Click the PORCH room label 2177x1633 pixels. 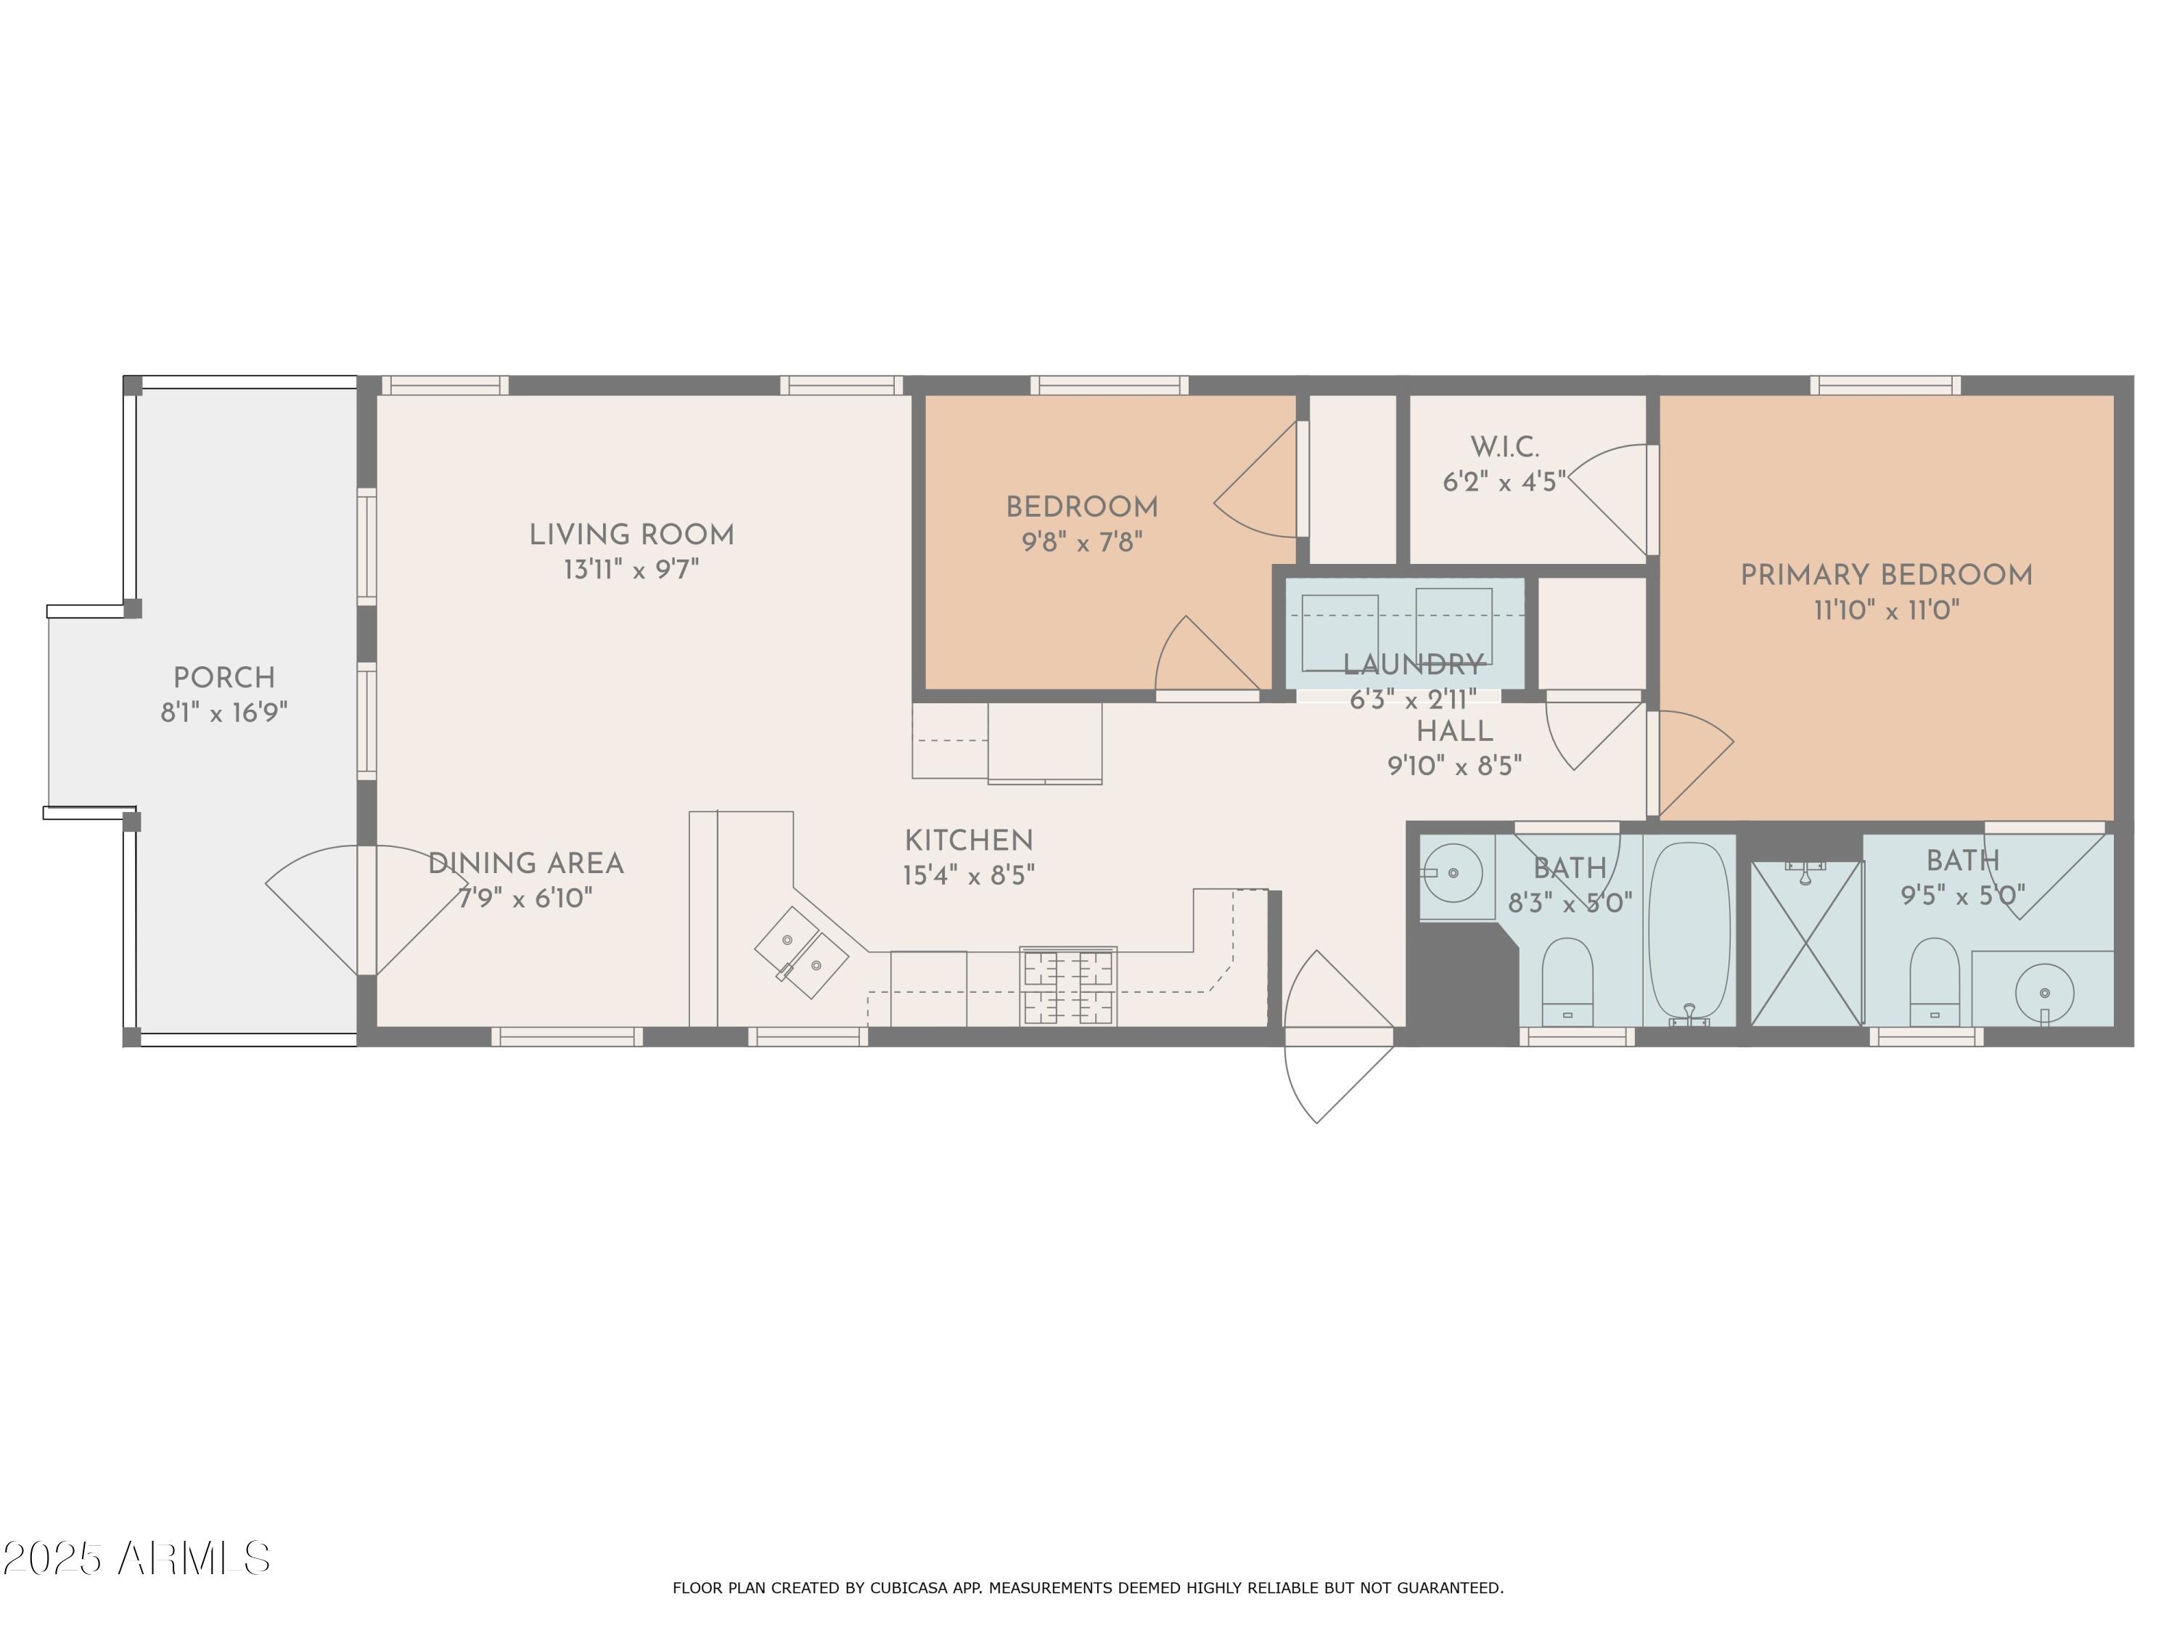click(x=224, y=678)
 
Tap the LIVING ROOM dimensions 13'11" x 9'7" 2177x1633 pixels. click(x=631, y=570)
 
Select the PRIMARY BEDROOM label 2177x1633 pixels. click(x=1886, y=576)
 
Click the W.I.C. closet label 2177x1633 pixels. click(x=1504, y=448)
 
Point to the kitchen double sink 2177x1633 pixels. click(x=801, y=951)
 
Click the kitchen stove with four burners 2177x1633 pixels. click(x=1068, y=987)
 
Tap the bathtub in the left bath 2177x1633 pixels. click(x=1689, y=931)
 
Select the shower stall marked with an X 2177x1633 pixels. click(x=1807, y=943)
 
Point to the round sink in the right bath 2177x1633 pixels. click(x=2044, y=993)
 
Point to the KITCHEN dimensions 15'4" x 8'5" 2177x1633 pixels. click(x=969, y=875)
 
